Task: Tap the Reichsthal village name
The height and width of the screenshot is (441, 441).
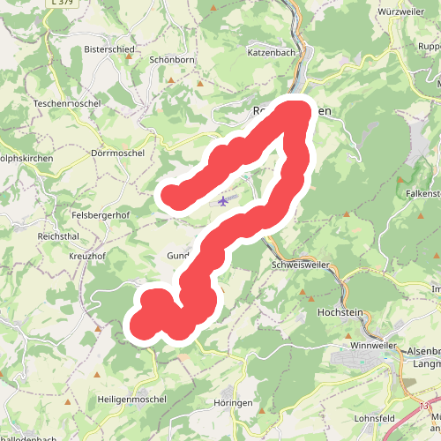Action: [x=59, y=237]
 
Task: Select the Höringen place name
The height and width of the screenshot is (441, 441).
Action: [x=233, y=402]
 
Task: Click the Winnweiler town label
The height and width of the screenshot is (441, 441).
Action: [x=374, y=345]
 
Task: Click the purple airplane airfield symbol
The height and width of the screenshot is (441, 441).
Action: [x=223, y=200]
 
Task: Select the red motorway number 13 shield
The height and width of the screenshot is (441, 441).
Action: [x=424, y=406]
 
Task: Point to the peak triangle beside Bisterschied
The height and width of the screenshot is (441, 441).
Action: [x=129, y=57]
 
